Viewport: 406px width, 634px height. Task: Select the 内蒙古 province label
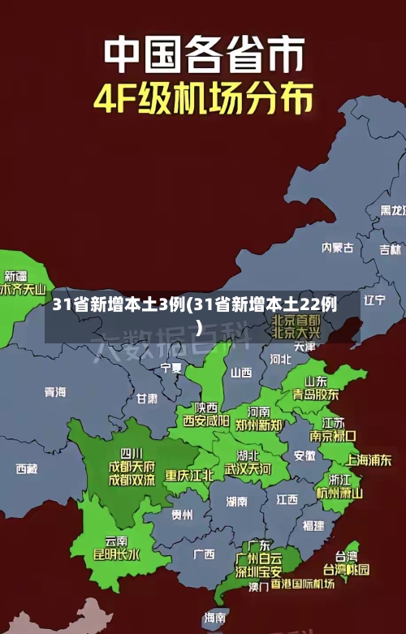[x=337, y=225]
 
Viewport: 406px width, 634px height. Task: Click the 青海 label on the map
[x=55, y=391]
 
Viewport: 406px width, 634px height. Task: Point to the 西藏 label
[x=27, y=468]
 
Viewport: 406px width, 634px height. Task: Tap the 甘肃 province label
[x=147, y=399]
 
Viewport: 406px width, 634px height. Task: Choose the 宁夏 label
[x=171, y=368]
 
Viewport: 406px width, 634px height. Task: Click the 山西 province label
[x=241, y=373]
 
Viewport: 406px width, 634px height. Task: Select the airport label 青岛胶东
[x=315, y=395]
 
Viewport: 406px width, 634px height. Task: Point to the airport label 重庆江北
[x=189, y=475]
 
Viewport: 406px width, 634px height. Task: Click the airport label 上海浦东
[x=369, y=459]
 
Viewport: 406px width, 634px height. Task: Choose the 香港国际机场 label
[x=302, y=584]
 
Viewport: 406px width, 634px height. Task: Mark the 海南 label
[x=215, y=617]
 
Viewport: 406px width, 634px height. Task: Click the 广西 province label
[x=204, y=554]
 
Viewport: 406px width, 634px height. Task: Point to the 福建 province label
[x=313, y=525]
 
